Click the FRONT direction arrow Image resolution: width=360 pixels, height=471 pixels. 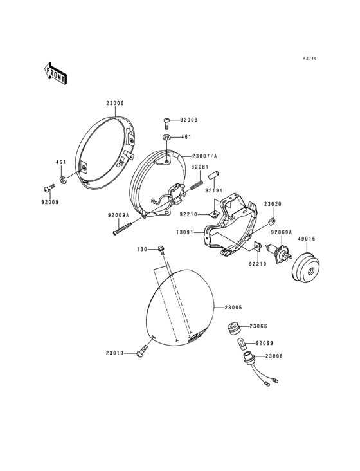coord(55,73)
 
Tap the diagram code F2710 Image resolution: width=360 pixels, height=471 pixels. coord(310,59)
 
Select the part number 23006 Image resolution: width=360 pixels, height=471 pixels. coord(115,104)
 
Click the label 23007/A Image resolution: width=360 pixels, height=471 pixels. coord(204,156)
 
